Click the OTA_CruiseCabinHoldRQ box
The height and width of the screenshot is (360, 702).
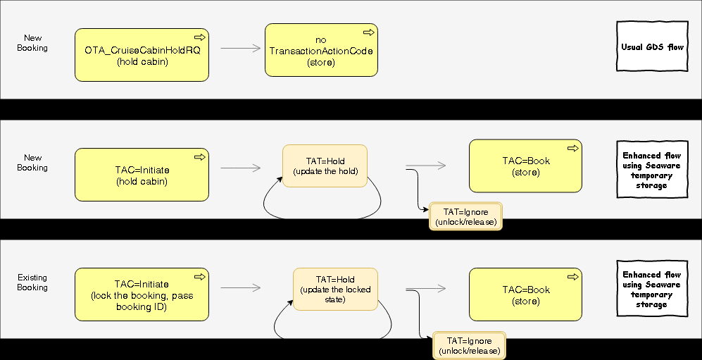(142, 56)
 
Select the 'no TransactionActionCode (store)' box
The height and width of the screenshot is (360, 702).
(321, 51)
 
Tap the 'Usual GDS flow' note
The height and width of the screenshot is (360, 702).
(652, 47)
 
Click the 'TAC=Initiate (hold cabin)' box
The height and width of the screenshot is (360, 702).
(142, 175)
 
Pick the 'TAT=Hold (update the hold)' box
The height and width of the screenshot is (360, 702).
(325, 166)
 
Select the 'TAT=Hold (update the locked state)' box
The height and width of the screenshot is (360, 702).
(335, 290)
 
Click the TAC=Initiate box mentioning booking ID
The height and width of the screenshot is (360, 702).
(142, 295)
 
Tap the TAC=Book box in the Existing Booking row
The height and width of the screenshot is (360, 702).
(525, 295)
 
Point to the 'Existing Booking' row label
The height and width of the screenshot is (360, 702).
(32, 283)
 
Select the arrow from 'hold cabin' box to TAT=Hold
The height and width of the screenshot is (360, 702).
(240, 168)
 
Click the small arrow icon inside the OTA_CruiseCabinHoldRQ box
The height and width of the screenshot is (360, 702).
(199, 37)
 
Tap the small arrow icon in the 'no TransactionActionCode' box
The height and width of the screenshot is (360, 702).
(368, 32)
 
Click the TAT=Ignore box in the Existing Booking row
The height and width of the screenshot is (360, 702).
(469, 346)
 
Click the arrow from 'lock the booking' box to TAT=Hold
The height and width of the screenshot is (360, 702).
(240, 288)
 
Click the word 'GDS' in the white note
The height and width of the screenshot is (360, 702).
(656, 47)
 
